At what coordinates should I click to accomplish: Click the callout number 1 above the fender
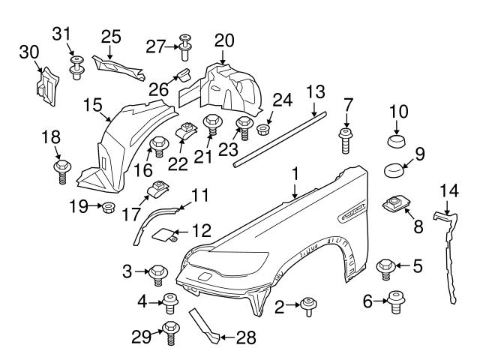pos(295,172)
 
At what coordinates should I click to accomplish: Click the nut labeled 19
pos(106,205)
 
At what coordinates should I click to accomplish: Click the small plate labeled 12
pos(165,235)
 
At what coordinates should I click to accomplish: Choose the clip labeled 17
pos(159,190)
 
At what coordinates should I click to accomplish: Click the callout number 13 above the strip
pos(316,92)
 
